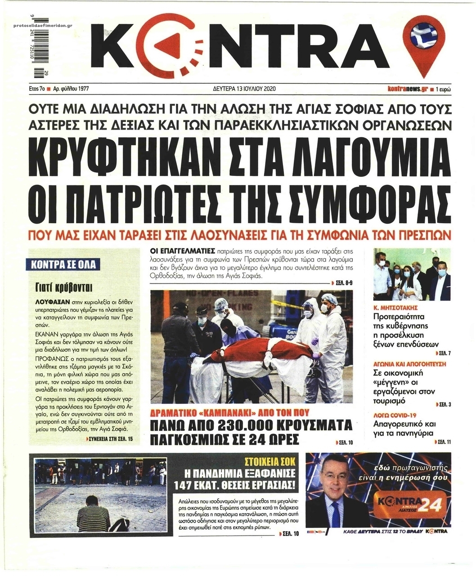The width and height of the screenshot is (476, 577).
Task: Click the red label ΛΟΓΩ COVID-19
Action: coord(395,415)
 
